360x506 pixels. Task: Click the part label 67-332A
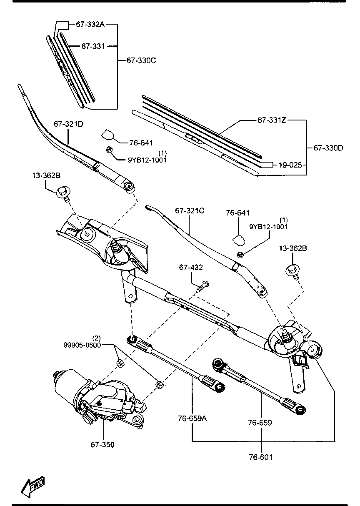click(90, 24)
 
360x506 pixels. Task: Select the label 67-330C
click(141, 60)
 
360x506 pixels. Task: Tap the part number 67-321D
click(68, 124)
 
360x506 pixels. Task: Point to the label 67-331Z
click(272, 120)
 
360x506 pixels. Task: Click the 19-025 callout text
click(290, 165)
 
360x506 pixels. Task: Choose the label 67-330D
click(328, 148)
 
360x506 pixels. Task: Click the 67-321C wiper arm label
click(190, 211)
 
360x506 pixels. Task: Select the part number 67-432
click(191, 267)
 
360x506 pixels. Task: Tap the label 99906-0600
click(82, 345)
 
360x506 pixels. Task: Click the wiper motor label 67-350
click(102, 445)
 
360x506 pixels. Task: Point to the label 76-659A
click(192, 418)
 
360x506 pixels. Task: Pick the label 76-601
click(261, 457)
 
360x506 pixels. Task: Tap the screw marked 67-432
click(202, 286)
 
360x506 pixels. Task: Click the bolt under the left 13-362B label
click(63, 193)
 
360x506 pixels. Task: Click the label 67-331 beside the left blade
click(93, 46)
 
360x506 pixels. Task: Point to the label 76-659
click(260, 422)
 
